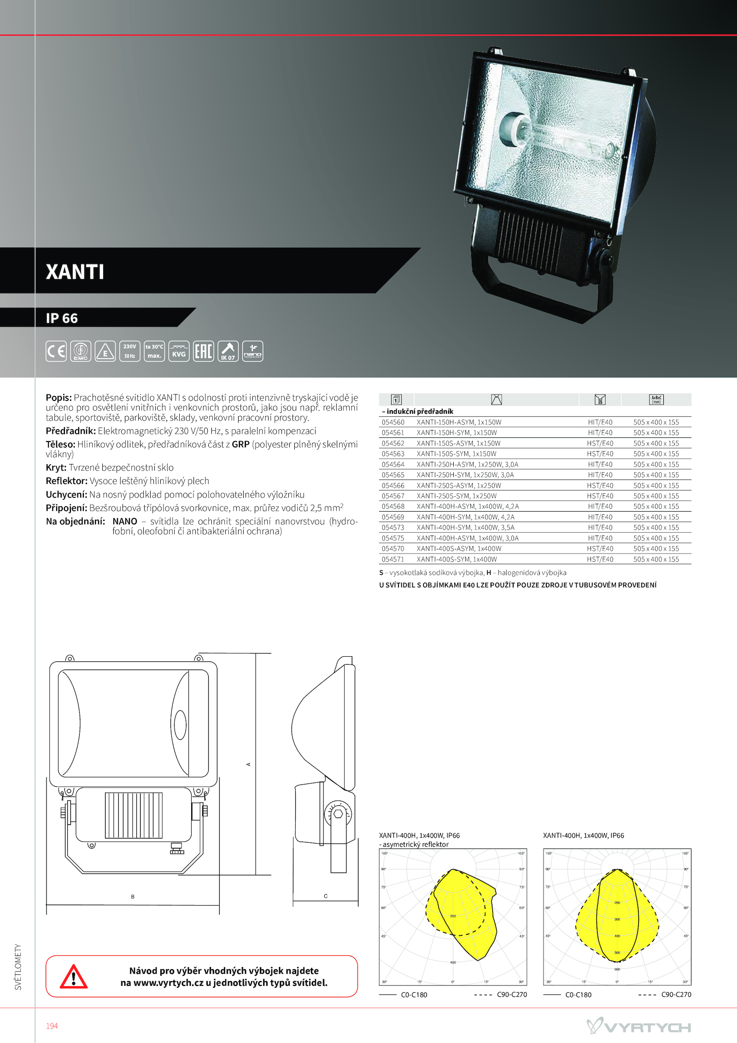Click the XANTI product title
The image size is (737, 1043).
[75, 272]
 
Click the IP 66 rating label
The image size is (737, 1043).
[62, 318]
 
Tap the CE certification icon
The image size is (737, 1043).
[56, 351]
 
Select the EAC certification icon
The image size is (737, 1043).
[203, 351]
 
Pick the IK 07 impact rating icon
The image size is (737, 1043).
[228, 351]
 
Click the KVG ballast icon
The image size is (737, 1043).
[179, 351]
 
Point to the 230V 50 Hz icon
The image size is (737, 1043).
[129, 351]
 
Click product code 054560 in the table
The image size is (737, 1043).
[393, 422]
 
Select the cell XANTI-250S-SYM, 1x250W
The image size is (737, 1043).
[456, 496]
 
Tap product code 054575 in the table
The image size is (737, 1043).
[393, 538]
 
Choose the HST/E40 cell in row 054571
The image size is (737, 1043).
[600, 560]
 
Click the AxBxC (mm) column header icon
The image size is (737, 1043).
[656, 400]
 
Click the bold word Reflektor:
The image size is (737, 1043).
[66, 481]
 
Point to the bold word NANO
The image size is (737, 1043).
[125, 521]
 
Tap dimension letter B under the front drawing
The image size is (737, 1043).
[133, 896]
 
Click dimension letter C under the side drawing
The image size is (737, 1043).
[326, 896]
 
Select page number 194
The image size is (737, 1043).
[52, 1026]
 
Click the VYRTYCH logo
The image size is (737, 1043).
[638, 1026]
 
